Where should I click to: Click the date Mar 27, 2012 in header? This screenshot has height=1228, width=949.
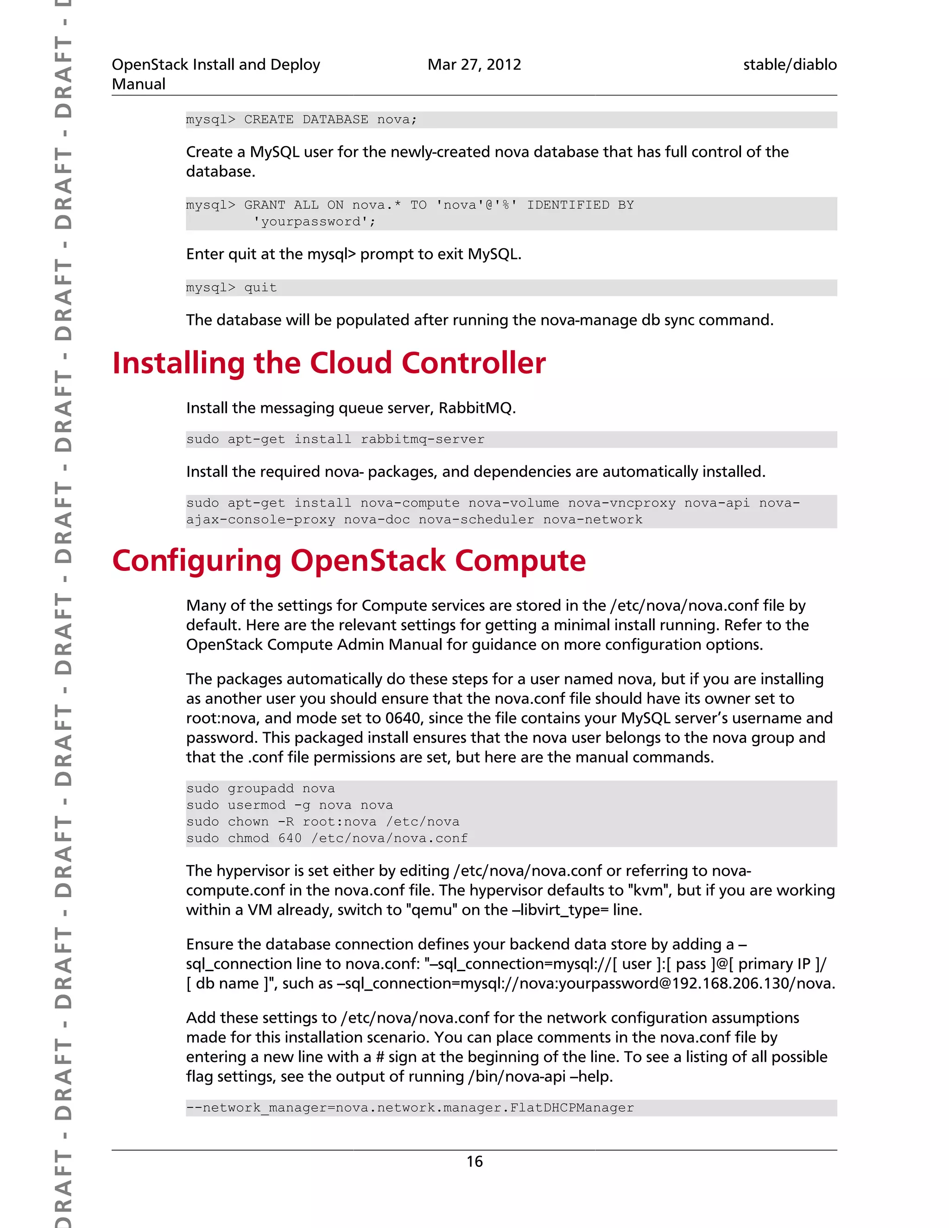click(x=474, y=65)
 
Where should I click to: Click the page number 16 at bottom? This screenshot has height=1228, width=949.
click(x=474, y=1161)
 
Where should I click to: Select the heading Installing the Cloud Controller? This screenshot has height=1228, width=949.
click(x=329, y=363)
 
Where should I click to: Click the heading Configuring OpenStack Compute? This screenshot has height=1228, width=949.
click(x=348, y=561)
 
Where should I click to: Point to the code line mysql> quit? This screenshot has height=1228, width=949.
click(x=232, y=288)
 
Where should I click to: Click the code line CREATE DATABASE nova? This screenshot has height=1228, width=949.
click(x=330, y=120)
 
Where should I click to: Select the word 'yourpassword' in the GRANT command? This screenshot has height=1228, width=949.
click(x=314, y=222)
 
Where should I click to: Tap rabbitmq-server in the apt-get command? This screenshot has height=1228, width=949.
click(x=422, y=439)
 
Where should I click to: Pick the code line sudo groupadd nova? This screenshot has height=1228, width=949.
click(x=260, y=788)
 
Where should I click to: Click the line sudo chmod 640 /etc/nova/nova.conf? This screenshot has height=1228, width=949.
click(x=327, y=838)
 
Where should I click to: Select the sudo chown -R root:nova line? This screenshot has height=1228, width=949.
click(x=323, y=822)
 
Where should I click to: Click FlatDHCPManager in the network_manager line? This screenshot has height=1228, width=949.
click(x=572, y=1108)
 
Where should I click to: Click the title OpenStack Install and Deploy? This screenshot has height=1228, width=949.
click(x=216, y=65)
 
